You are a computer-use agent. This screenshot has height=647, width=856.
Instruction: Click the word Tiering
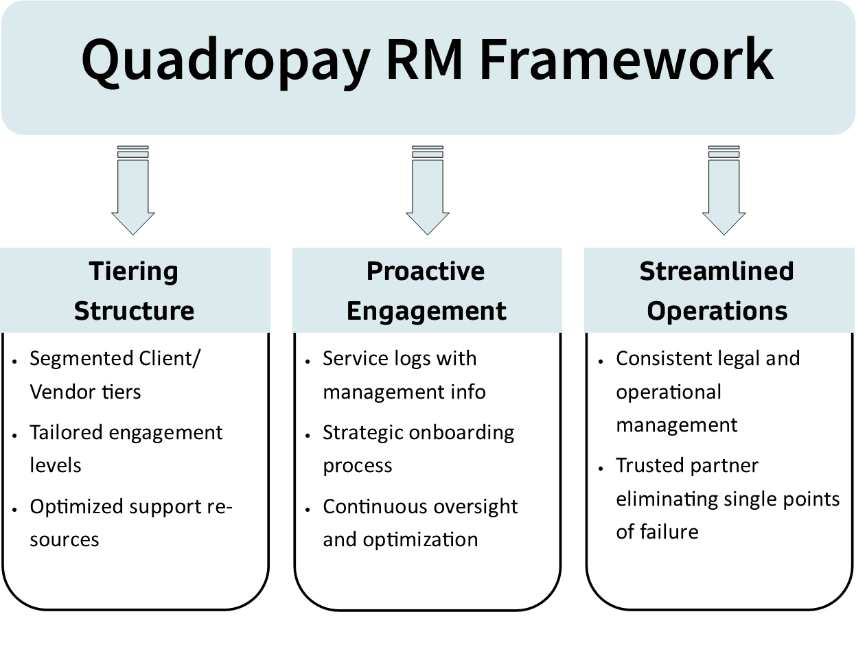click(x=134, y=272)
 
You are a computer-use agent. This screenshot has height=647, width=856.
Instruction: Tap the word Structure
click(x=134, y=311)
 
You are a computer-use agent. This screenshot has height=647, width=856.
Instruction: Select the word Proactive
click(x=426, y=271)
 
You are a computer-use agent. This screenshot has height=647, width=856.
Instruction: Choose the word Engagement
click(x=426, y=311)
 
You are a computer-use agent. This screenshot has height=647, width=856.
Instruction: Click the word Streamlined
click(x=717, y=271)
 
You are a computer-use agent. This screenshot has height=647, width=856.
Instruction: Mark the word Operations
click(x=717, y=311)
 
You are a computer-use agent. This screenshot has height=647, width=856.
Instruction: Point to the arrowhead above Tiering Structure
click(x=133, y=223)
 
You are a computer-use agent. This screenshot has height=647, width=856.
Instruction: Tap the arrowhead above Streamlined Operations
click(x=724, y=223)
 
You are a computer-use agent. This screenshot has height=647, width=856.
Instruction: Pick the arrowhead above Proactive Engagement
click(x=428, y=223)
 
